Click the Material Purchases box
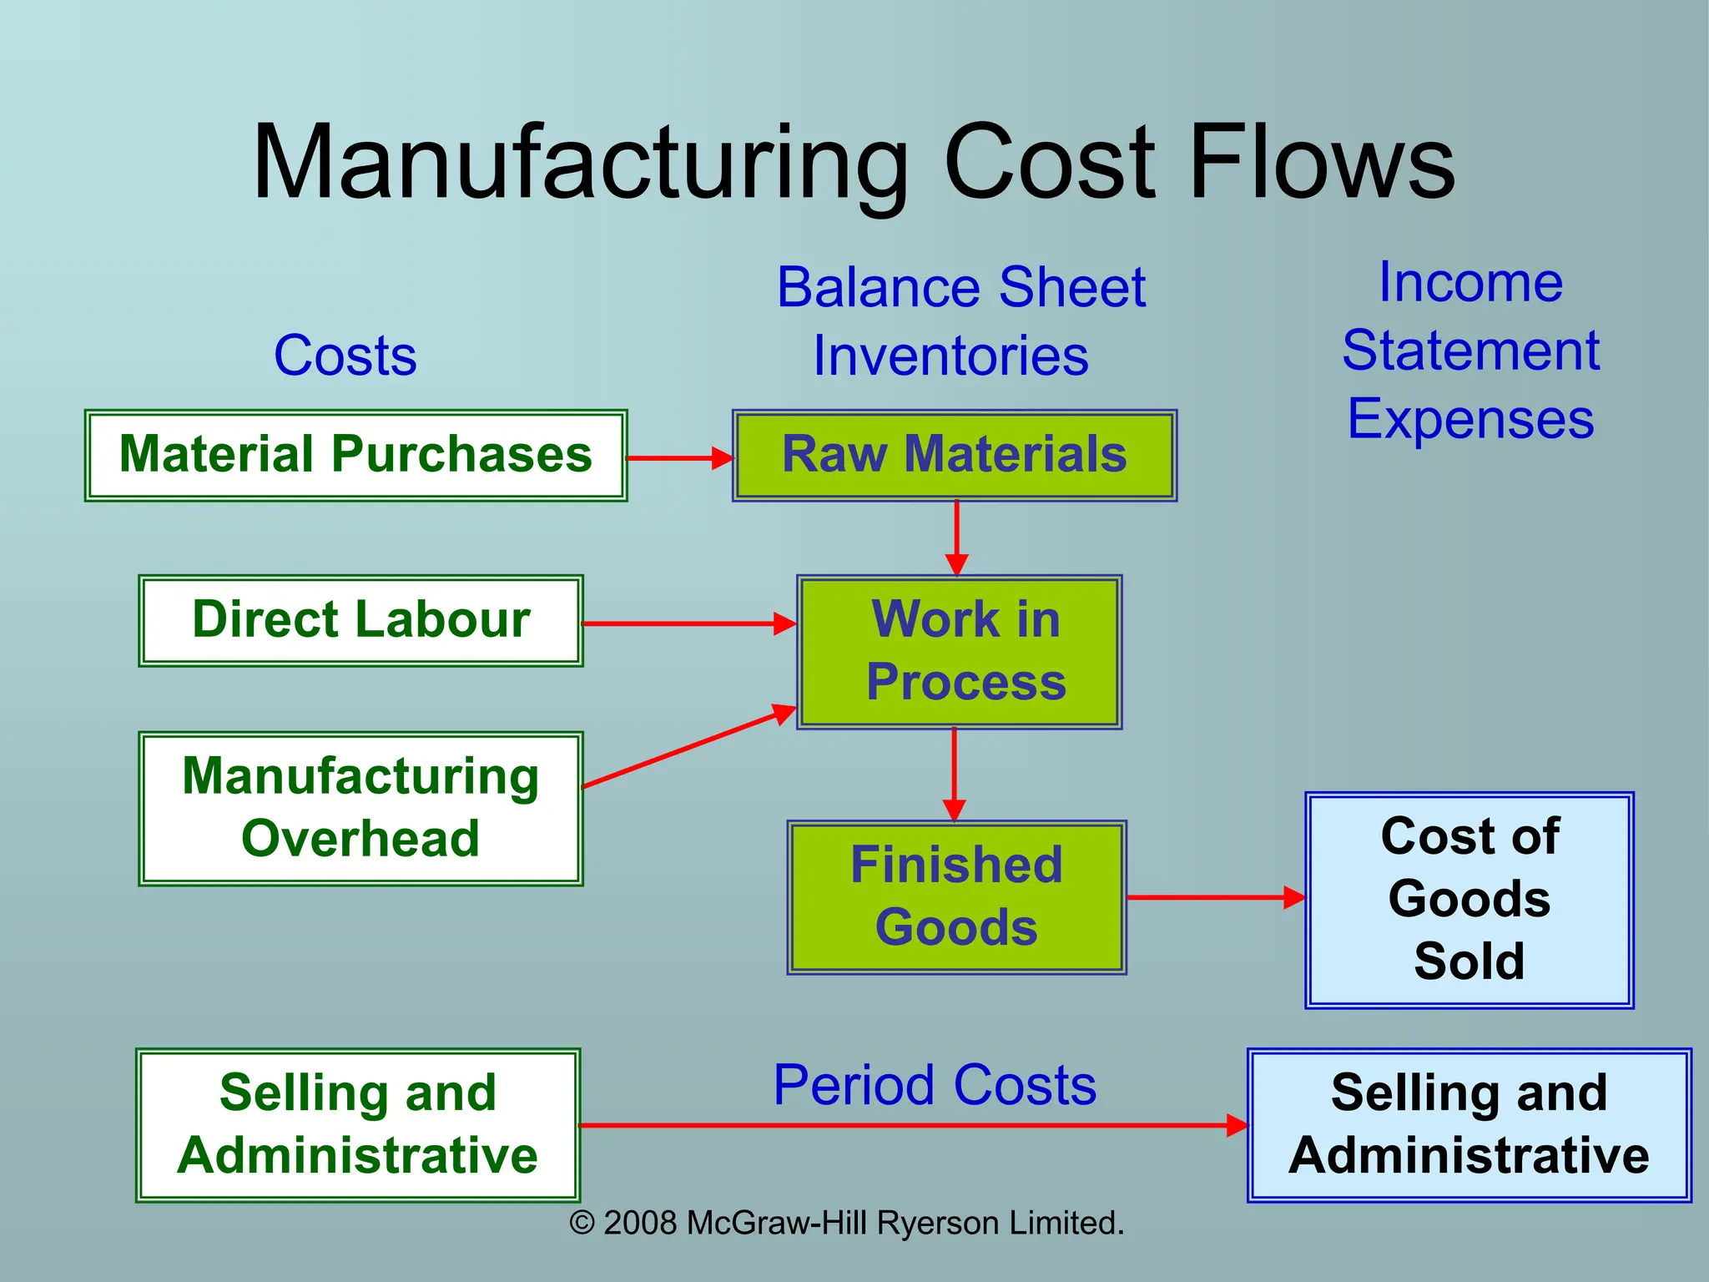(355, 456)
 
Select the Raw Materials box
(955, 456)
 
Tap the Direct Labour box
(360, 621)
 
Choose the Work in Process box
(960, 652)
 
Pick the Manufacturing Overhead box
(360, 809)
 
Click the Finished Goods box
(957, 897)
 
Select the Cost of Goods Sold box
(1470, 900)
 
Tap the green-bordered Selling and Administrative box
(358, 1125)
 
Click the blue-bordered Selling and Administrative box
(1470, 1125)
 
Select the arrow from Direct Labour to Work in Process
(689, 623)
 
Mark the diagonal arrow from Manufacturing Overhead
(689, 747)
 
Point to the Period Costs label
(935, 1086)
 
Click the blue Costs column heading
(345, 356)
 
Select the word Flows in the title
(1323, 162)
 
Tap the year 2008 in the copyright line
(639, 1224)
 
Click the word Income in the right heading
(1470, 282)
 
